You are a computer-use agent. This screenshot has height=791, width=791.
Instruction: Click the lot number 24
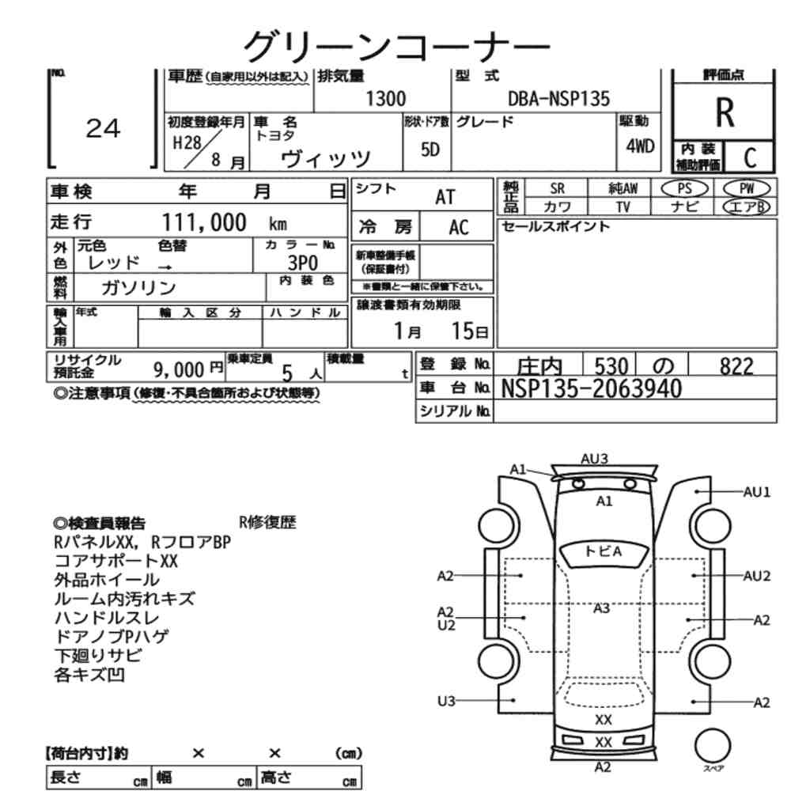(x=103, y=129)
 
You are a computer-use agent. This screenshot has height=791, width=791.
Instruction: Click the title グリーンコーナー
(x=396, y=47)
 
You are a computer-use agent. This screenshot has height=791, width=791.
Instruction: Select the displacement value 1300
(x=385, y=99)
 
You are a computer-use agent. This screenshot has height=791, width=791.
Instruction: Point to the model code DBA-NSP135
(x=558, y=99)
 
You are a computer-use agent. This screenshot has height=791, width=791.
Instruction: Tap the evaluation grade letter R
(x=725, y=112)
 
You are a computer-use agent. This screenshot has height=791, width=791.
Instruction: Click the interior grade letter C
(x=750, y=158)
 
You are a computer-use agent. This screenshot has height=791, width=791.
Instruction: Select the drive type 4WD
(x=640, y=146)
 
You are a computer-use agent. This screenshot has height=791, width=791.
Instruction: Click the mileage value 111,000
(x=204, y=222)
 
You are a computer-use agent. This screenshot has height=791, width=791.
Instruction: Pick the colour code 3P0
(x=303, y=263)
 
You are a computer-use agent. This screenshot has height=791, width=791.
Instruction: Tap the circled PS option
(x=684, y=189)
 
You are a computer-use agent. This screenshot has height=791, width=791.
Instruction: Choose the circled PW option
(x=747, y=189)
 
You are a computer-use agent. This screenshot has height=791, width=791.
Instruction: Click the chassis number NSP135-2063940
(x=591, y=388)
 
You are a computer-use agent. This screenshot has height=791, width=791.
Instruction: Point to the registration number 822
(x=736, y=365)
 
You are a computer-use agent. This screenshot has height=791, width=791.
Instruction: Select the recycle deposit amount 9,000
(x=179, y=370)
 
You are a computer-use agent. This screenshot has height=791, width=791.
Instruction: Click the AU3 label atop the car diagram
(x=594, y=459)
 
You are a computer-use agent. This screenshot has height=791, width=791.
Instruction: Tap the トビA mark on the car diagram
(x=604, y=551)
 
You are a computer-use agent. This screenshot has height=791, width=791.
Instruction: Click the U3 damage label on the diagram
(x=446, y=701)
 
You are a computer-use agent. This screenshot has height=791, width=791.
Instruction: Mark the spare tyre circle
(x=713, y=745)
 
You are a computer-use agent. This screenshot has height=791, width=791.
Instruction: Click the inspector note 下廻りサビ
(x=98, y=655)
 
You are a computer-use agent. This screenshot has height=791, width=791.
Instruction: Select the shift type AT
(x=445, y=197)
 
